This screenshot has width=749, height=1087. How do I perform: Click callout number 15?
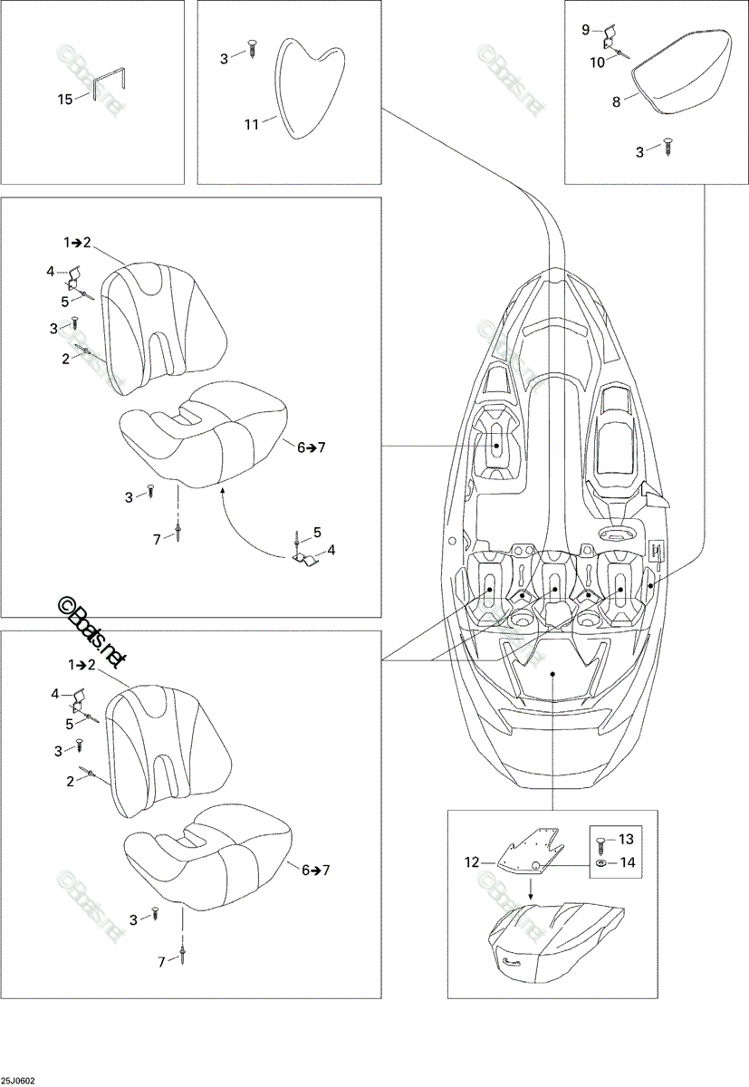pyautogui.click(x=65, y=100)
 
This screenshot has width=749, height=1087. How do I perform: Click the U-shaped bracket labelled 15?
pyautogui.click(x=110, y=85)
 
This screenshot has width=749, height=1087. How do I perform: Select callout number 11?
pyautogui.click(x=251, y=125)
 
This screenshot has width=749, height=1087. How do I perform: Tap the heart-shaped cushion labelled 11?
pyautogui.click(x=310, y=89)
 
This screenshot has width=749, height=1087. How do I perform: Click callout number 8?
pyautogui.click(x=616, y=101)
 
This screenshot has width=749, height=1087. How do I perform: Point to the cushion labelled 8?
pyautogui.click(x=681, y=72)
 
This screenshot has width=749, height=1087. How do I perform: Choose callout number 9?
pyautogui.click(x=585, y=30)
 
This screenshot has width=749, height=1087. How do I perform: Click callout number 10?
pyautogui.click(x=597, y=63)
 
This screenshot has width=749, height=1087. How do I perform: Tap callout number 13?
pyautogui.click(x=627, y=839)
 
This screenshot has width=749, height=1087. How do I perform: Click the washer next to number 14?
pyautogui.click(x=601, y=862)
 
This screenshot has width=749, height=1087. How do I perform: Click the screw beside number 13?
pyautogui.click(x=601, y=842)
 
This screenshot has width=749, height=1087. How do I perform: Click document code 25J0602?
pyautogui.click(x=17, y=1080)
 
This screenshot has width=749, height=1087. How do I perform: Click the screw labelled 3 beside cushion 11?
pyautogui.click(x=252, y=50)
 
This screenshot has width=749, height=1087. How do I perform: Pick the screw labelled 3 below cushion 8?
pyautogui.click(x=668, y=146)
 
